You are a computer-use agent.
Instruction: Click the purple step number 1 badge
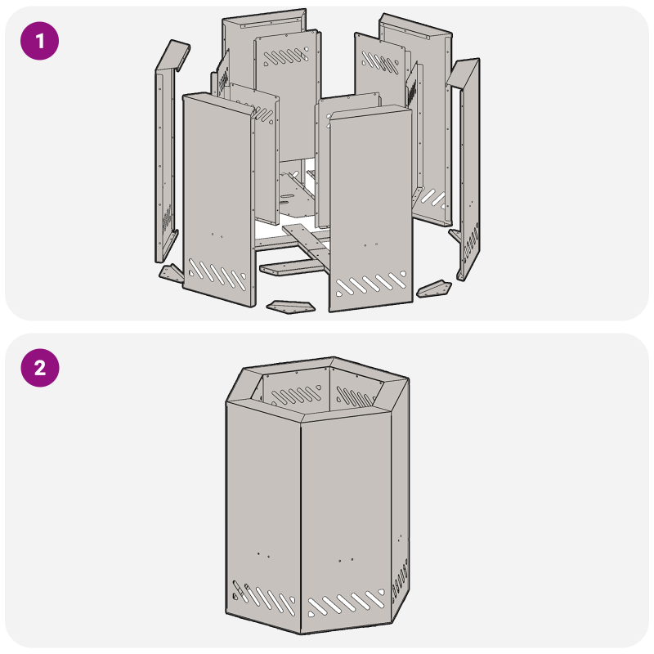coord(39,39)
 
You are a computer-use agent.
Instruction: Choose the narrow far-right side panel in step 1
coord(468,163)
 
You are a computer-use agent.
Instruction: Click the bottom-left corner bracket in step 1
coord(171,274)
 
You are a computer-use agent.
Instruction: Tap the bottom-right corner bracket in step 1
coord(434,289)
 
